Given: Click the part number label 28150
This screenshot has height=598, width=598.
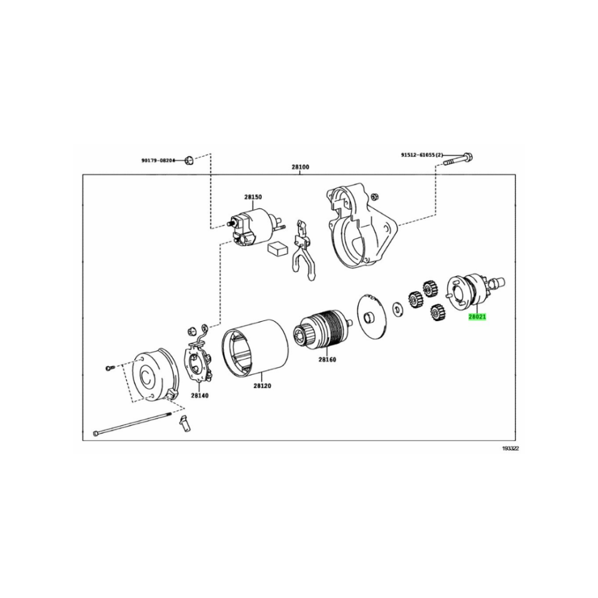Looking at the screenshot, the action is click(x=253, y=197).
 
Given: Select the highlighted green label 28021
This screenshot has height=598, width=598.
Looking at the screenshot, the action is click(x=477, y=316).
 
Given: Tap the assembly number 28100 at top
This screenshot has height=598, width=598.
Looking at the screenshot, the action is click(x=301, y=167).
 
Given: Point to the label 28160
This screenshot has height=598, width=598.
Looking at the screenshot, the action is click(x=327, y=359).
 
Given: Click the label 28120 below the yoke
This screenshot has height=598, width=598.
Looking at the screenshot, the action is click(x=262, y=386).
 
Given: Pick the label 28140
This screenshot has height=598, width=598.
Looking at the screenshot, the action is click(x=200, y=395).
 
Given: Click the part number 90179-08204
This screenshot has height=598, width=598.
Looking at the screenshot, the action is click(x=158, y=160).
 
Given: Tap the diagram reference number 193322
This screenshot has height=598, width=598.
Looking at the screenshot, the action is click(x=510, y=448).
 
